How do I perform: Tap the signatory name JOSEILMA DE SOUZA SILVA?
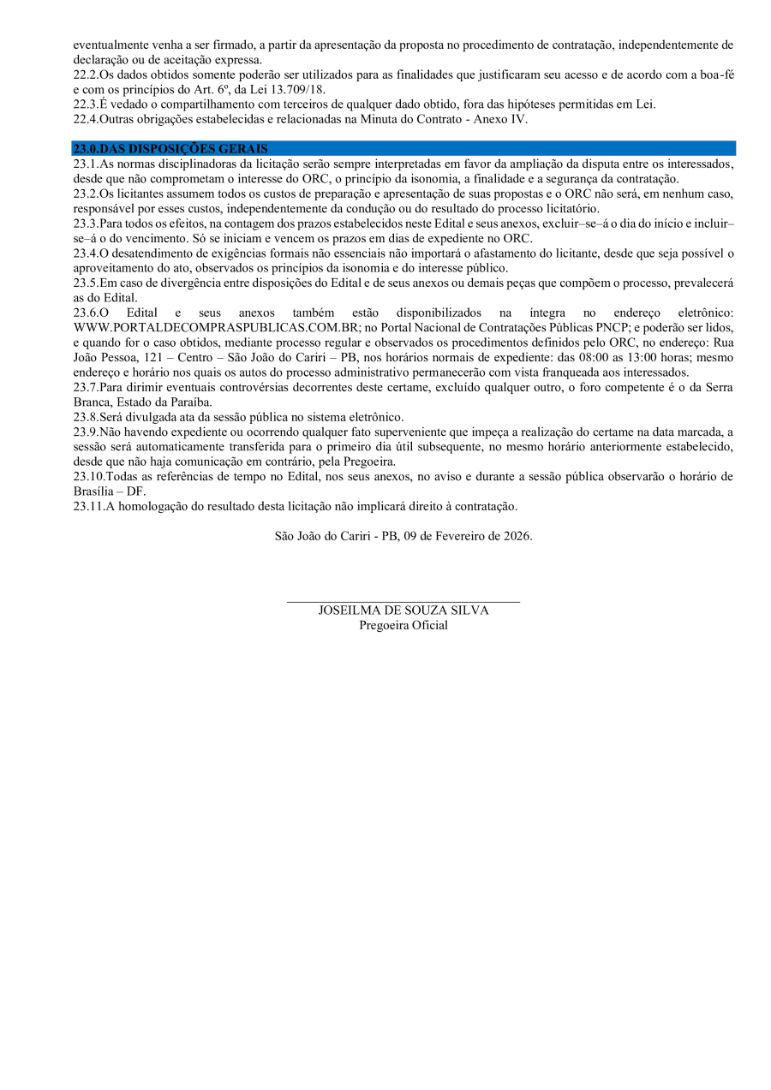403,611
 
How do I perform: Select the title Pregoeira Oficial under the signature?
403,625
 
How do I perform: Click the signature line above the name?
403,602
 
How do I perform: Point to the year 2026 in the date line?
516,536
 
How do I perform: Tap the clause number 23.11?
87,506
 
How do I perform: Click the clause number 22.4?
85,119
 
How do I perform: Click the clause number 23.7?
85,387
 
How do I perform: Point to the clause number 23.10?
87,476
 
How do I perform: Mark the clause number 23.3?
85,223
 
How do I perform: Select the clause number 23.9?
85,432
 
